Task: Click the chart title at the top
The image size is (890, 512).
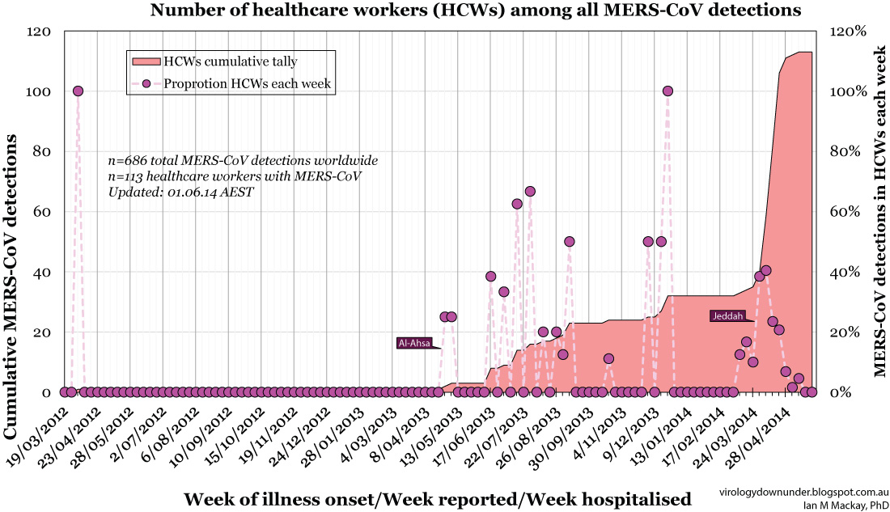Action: point(475,11)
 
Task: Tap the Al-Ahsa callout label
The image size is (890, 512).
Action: point(414,343)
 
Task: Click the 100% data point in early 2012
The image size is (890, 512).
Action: point(78,91)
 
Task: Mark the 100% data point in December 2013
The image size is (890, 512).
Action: point(667,91)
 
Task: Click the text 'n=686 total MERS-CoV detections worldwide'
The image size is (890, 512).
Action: point(242,160)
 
